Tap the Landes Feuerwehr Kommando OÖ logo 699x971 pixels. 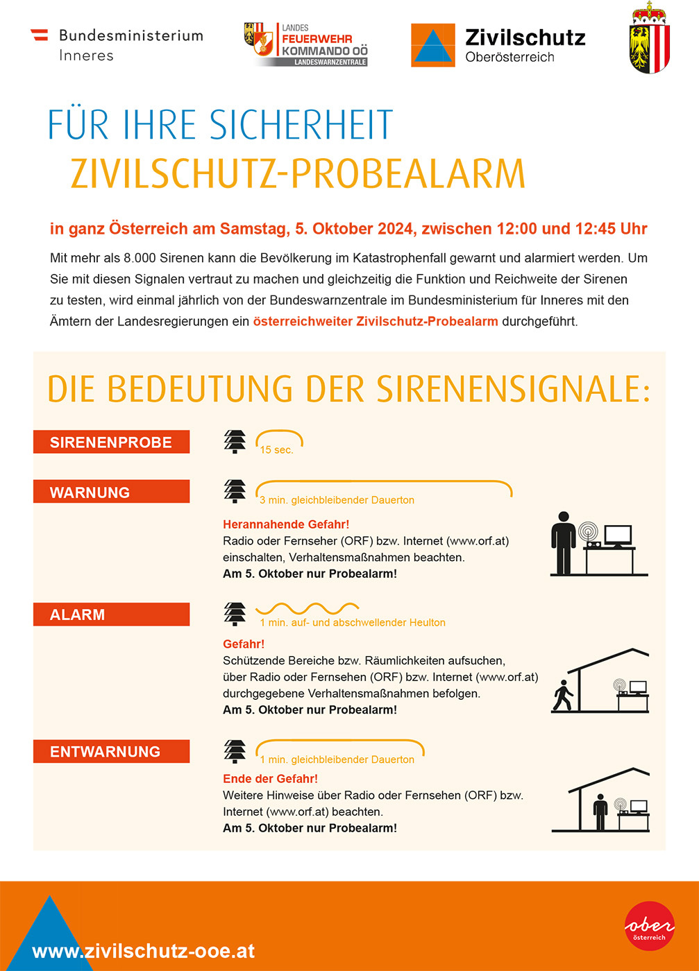click(306, 45)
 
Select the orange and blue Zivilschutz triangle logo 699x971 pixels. click(432, 45)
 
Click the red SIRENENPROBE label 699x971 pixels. click(111, 442)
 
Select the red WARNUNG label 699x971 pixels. click(111, 492)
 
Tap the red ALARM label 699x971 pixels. click(111, 615)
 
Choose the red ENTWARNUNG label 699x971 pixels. click(111, 752)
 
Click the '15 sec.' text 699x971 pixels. click(276, 450)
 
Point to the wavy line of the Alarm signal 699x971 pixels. click(307, 609)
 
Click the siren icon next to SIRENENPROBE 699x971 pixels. click(235, 442)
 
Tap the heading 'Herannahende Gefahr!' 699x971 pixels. click(286, 524)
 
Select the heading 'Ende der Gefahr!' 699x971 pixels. click(270, 779)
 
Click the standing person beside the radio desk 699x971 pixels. click(563, 543)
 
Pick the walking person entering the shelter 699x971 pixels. click(563, 696)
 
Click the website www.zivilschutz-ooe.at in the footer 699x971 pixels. click(144, 951)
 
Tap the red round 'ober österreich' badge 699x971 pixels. click(649, 926)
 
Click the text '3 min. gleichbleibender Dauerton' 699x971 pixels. click(337, 500)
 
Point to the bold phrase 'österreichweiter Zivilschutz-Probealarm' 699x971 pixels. click(376, 321)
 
